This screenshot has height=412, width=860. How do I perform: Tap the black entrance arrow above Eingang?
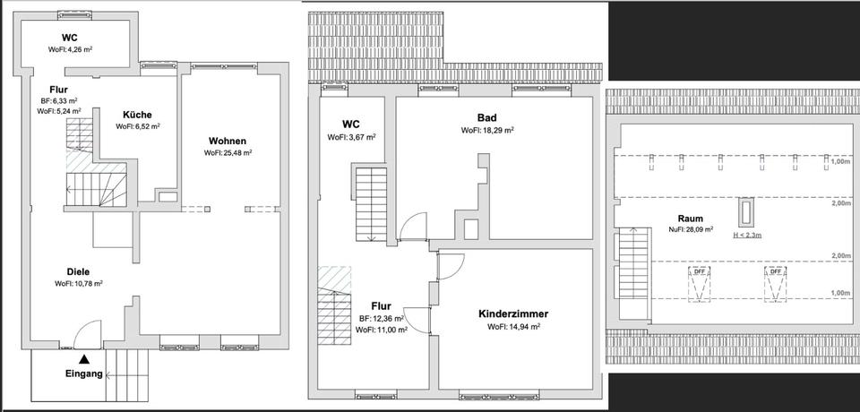click(x=84, y=358)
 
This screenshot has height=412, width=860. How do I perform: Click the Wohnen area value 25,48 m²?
click(x=228, y=153)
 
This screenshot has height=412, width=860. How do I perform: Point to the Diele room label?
click(x=79, y=271)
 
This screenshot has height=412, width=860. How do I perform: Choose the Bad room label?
click(x=487, y=117)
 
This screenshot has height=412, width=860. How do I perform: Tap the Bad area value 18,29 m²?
click(x=487, y=130)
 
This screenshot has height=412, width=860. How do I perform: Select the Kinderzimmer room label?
click(x=513, y=314)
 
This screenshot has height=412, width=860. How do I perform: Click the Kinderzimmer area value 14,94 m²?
click(x=513, y=327)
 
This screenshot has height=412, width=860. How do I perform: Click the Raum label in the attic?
click(x=690, y=218)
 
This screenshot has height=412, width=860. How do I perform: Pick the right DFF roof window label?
click(x=776, y=270)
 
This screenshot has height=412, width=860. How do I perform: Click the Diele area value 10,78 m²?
click(x=79, y=284)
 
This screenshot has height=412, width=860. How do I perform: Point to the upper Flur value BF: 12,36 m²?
click(x=382, y=318)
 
